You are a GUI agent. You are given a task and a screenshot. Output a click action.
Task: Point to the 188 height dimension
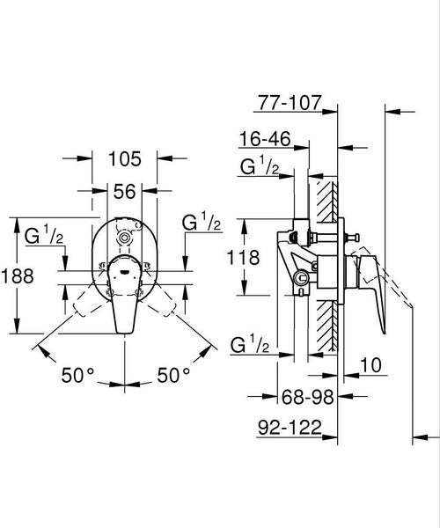pyautogui.click(x=18, y=275)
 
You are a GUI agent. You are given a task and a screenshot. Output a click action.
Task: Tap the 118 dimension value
pyautogui.click(x=244, y=257)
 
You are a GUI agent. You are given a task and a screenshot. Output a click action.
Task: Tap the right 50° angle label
pyautogui.click(x=173, y=376)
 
